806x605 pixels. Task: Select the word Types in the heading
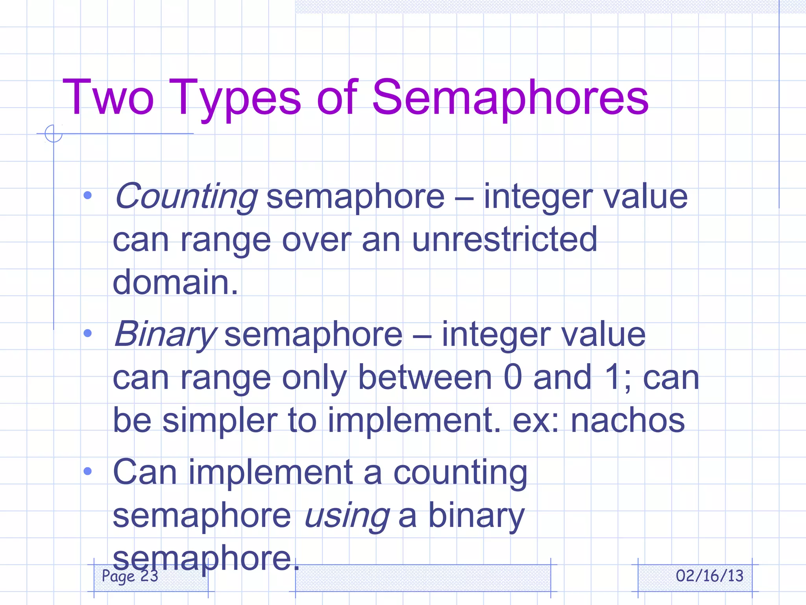235,98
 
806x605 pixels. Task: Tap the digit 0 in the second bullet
513,377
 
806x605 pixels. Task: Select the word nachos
628,420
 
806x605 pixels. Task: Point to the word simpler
220,420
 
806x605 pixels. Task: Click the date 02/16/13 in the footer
710,576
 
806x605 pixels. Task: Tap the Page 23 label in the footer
130,576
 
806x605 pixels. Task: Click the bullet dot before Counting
88,195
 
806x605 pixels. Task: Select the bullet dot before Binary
88,333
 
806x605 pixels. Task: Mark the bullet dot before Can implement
88,471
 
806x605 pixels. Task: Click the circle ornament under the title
54,133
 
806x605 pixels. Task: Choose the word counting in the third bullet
460,473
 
